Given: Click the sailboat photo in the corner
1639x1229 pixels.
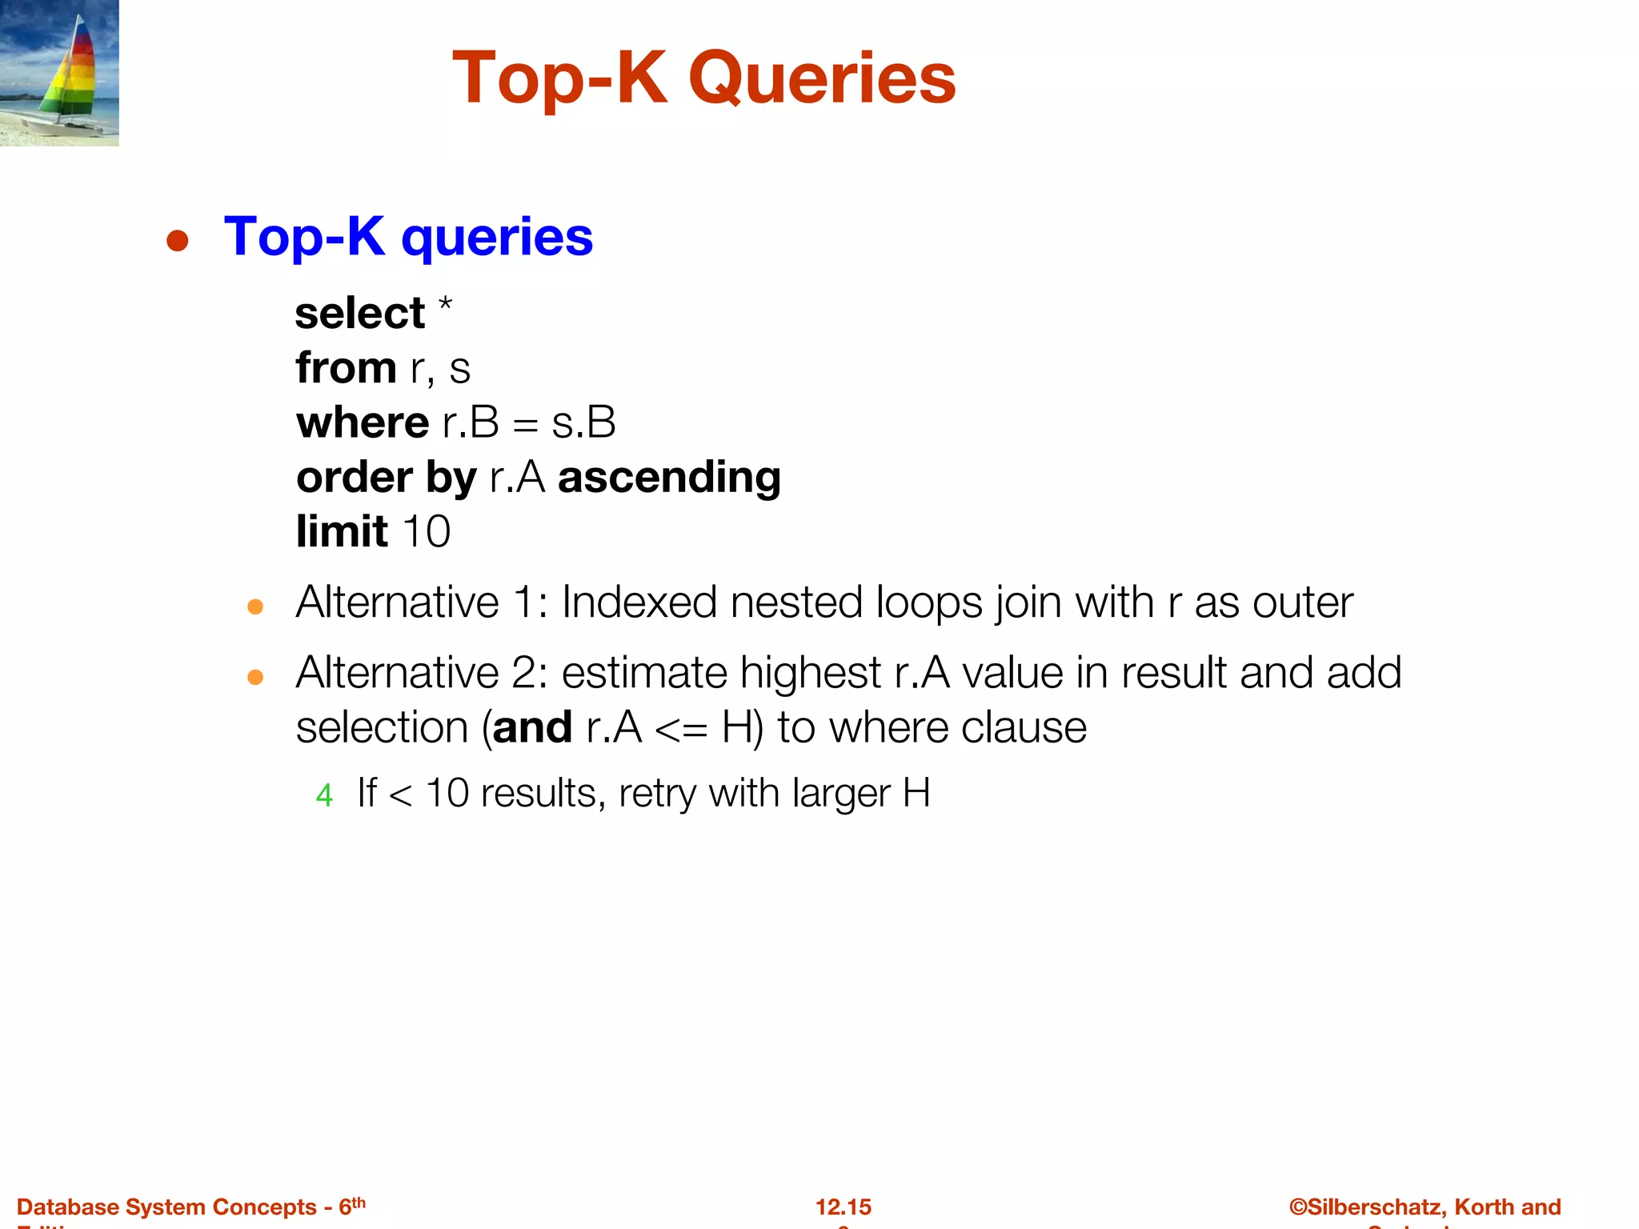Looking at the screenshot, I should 59,73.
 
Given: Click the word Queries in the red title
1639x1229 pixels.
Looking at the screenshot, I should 822,78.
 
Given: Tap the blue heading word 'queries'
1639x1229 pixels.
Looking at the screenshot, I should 497,237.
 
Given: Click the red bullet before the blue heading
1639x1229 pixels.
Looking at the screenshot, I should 177,241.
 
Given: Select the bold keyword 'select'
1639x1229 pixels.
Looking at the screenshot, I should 359,313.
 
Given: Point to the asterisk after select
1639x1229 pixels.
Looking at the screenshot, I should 445,305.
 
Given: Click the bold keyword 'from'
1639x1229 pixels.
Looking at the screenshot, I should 346,367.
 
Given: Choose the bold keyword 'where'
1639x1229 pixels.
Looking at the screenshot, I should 363,422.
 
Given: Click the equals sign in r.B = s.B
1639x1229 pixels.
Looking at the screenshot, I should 525,425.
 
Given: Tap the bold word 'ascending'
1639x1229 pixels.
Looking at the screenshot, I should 669,478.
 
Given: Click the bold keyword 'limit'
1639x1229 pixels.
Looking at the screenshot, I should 342,531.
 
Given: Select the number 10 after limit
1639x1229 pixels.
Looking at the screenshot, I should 427,532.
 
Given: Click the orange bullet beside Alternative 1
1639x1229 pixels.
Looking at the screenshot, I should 255,607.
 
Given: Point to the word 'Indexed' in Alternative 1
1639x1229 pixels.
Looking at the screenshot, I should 639,602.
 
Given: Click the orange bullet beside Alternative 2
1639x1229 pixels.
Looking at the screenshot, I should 255,678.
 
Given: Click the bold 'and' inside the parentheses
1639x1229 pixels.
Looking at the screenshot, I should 532,728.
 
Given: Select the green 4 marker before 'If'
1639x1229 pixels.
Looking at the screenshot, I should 324,795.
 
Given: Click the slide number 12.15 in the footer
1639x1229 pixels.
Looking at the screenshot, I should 844,1207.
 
